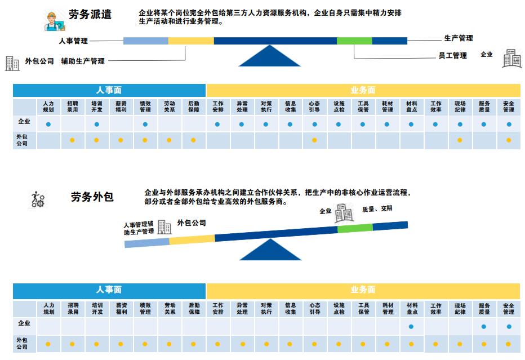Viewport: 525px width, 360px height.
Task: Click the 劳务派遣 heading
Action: (x=90, y=14)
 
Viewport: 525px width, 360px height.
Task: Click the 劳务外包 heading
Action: (x=92, y=197)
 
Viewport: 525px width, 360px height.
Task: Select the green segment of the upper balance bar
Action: (x=354, y=41)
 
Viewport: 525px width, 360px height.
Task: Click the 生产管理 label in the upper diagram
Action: (x=459, y=38)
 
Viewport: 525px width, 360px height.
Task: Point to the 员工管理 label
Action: (x=452, y=56)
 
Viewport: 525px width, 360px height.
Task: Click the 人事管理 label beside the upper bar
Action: (x=73, y=41)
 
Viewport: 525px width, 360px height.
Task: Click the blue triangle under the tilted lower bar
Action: (x=271, y=250)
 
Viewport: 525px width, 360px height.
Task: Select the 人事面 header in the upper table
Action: (x=109, y=90)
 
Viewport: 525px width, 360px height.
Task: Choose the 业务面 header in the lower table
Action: (x=363, y=290)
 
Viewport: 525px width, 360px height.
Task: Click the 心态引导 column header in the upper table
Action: (x=314, y=106)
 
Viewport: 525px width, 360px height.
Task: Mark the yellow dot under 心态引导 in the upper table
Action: (x=314, y=140)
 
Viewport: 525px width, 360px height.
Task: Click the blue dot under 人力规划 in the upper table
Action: (x=48, y=124)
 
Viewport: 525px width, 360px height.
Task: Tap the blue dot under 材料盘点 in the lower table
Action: (x=411, y=326)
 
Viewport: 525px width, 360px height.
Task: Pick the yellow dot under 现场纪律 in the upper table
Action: (x=460, y=140)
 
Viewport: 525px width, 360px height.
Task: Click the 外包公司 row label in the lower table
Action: (x=23, y=344)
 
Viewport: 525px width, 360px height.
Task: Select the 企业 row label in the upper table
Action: (x=24, y=122)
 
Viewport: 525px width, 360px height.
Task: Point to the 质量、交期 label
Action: (x=377, y=208)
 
